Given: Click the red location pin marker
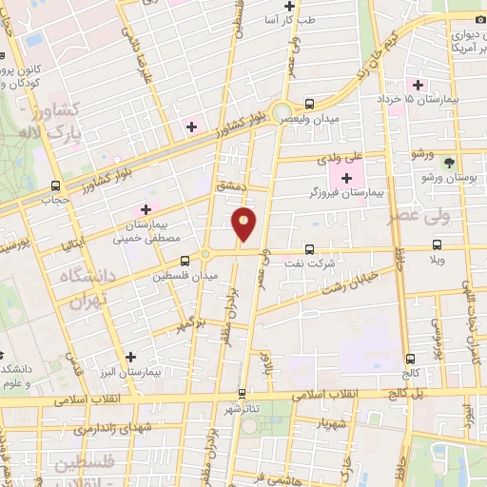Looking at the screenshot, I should (244, 224).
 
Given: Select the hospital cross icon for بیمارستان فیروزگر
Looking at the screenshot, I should (346, 178).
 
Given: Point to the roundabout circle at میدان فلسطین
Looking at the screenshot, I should (205, 258).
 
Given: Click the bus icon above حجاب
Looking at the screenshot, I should (55, 185).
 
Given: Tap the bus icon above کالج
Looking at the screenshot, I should (411, 360).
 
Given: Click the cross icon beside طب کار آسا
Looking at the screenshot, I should (302, 7).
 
